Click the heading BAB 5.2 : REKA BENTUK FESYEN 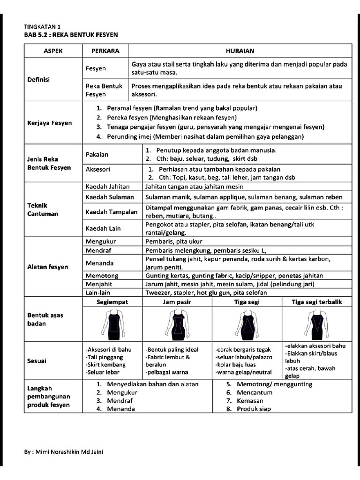click(x=71, y=35)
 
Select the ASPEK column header click(x=53, y=51)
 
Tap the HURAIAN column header click(x=240, y=51)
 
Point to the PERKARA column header click(x=105, y=51)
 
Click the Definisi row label click(x=38, y=79)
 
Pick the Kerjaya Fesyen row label click(x=49, y=123)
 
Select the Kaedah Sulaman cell click(x=109, y=197)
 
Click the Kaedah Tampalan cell click(x=112, y=212)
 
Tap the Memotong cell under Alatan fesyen click(x=102, y=276)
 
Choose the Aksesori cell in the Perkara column click(x=98, y=169)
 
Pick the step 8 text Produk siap click(x=254, y=409)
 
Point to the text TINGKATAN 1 click(x=42, y=27)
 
